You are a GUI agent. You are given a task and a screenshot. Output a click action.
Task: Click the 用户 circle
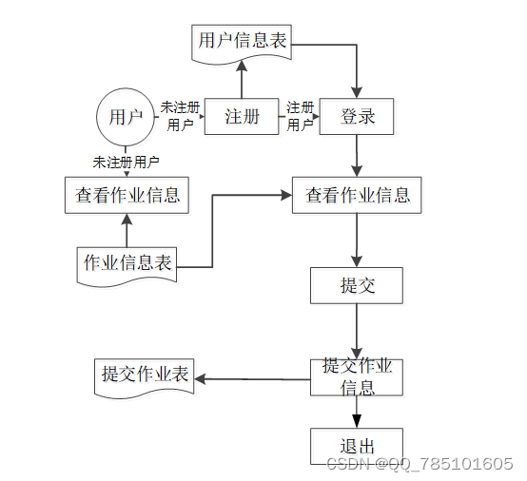point(126,118)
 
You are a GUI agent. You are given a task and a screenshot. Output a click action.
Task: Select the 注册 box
point(242,118)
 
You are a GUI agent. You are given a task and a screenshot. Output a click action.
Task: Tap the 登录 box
point(357,118)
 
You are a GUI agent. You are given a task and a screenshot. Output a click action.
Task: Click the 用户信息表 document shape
point(242,43)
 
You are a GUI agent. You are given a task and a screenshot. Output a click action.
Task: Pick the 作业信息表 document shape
point(127,263)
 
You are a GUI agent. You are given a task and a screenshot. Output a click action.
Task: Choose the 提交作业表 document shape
point(145,375)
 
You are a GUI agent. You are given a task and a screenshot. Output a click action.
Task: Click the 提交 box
point(357,285)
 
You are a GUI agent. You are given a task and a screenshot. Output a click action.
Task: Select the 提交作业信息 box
point(357,377)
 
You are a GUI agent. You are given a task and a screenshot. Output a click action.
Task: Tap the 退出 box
point(357,447)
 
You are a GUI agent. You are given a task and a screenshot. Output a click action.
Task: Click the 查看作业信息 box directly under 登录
point(357,196)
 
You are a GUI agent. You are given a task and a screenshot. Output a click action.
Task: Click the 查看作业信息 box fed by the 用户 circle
point(127,196)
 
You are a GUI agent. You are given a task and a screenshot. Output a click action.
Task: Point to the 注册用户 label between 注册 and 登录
point(301,116)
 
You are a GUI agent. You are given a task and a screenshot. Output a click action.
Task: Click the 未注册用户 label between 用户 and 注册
point(180,116)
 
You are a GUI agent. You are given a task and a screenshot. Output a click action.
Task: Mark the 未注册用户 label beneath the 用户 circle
point(126,162)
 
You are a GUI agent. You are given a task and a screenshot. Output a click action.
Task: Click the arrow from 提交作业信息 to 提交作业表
point(252,379)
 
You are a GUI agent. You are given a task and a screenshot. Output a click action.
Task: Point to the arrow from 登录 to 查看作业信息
point(357,157)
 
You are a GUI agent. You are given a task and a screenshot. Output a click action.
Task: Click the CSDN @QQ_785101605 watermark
point(420,463)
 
